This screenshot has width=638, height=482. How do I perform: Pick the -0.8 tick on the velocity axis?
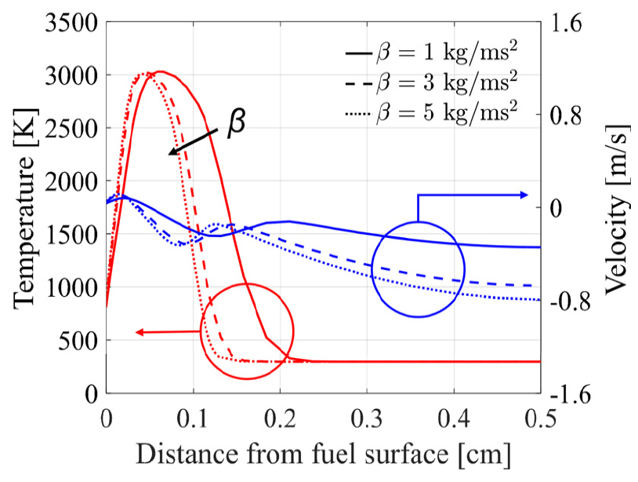coord(573,301)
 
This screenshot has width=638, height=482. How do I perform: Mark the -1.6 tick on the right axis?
coord(573,393)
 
